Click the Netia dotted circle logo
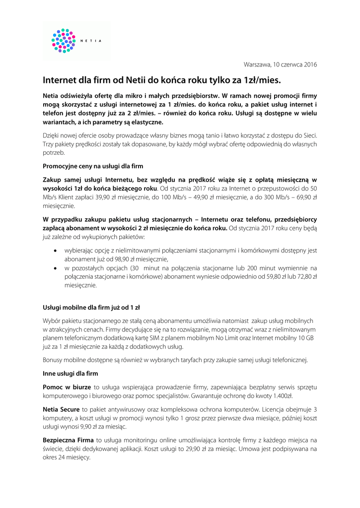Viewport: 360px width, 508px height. pyautogui.click(x=63, y=40)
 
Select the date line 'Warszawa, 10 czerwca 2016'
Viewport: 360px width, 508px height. pyautogui.click(x=280, y=64)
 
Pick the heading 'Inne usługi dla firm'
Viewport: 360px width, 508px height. pyautogui.click(x=71, y=373)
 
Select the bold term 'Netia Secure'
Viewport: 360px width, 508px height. pyautogui.click(x=61, y=409)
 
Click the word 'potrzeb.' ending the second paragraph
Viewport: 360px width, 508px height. pyautogui.click(x=55, y=153)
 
